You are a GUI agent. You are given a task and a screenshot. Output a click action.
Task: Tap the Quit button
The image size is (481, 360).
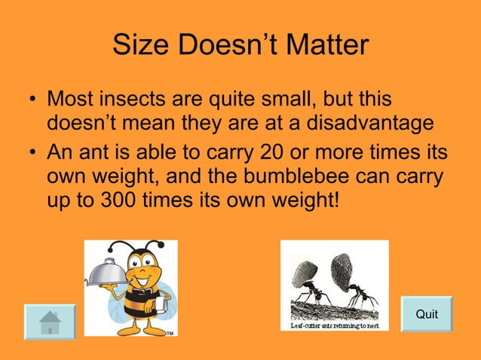point(427,314)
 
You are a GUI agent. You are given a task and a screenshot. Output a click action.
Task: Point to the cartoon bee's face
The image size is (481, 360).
point(142,271)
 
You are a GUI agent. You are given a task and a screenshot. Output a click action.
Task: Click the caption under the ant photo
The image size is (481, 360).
point(335,325)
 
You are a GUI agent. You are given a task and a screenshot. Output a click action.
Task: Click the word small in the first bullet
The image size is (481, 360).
point(295,99)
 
